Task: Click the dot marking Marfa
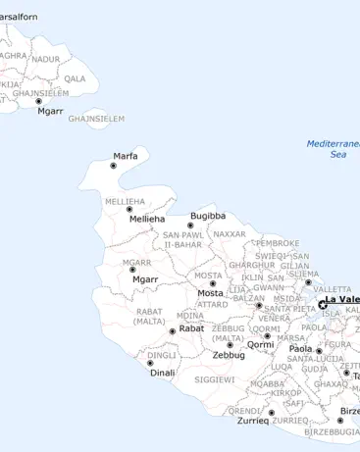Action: (x=113, y=166)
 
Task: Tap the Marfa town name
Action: (x=125, y=156)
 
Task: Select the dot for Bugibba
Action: (x=190, y=226)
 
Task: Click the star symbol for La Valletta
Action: (x=323, y=304)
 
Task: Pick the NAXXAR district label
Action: (x=229, y=234)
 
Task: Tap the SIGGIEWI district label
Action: (x=214, y=378)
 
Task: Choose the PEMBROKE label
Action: (x=277, y=242)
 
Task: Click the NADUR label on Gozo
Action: (x=45, y=59)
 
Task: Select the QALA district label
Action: (x=75, y=78)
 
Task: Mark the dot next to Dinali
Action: (x=150, y=363)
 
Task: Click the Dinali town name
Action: (x=162, y=373)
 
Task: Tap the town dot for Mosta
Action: (x=213, y=283)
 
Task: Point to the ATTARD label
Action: (x=212, y=304)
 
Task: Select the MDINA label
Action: (x=190, y=316)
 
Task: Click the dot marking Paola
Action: (x=319, y=350)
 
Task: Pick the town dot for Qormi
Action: (x=267, y=335)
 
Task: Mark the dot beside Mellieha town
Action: (x=129, y=209)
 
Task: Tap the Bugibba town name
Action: (x=208, y=215)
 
